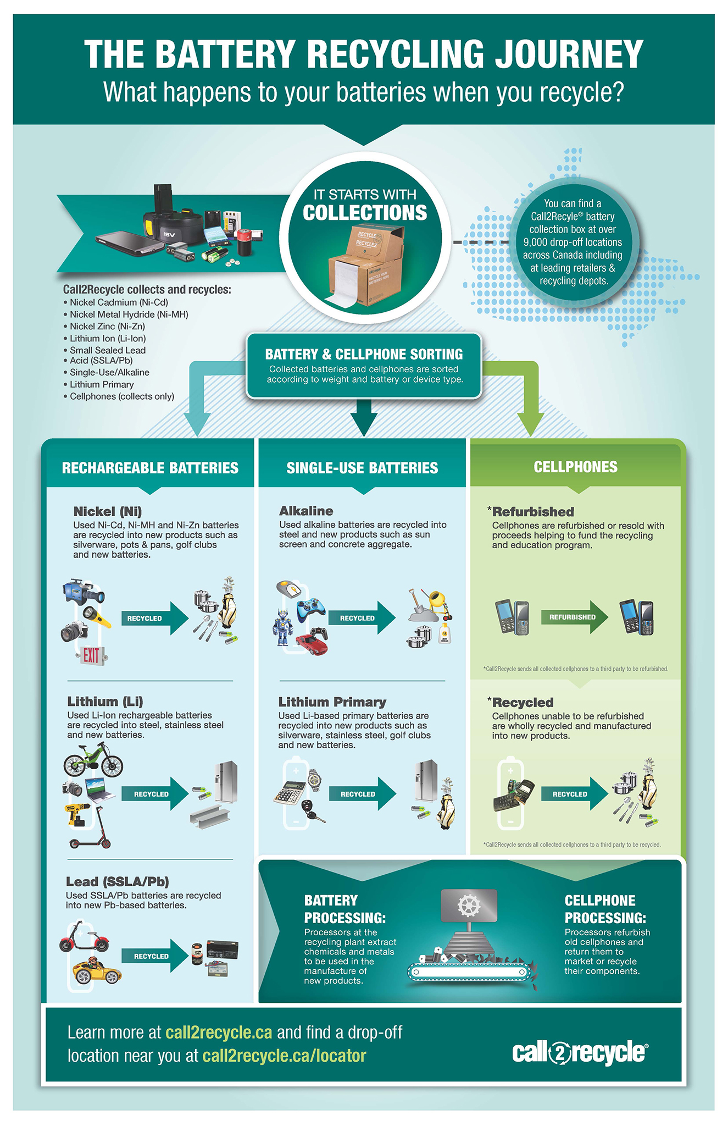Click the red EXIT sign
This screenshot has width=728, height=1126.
[91, 655]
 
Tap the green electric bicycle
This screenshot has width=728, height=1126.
[93, 760]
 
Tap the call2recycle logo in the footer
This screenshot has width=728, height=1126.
[580, 1052]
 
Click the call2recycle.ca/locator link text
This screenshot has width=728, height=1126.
[284, 1056]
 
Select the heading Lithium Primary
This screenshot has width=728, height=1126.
[332, 702]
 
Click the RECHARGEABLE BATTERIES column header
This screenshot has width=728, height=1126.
[150, 468]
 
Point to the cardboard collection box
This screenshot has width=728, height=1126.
[365, 267]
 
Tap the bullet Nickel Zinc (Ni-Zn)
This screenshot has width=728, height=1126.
[107, 326]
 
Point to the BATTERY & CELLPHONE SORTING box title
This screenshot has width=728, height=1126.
[364, 354]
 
